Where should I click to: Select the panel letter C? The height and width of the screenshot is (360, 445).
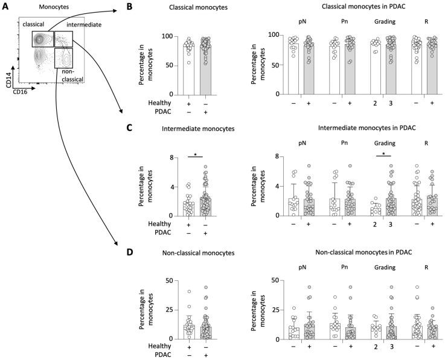(128, 129)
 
